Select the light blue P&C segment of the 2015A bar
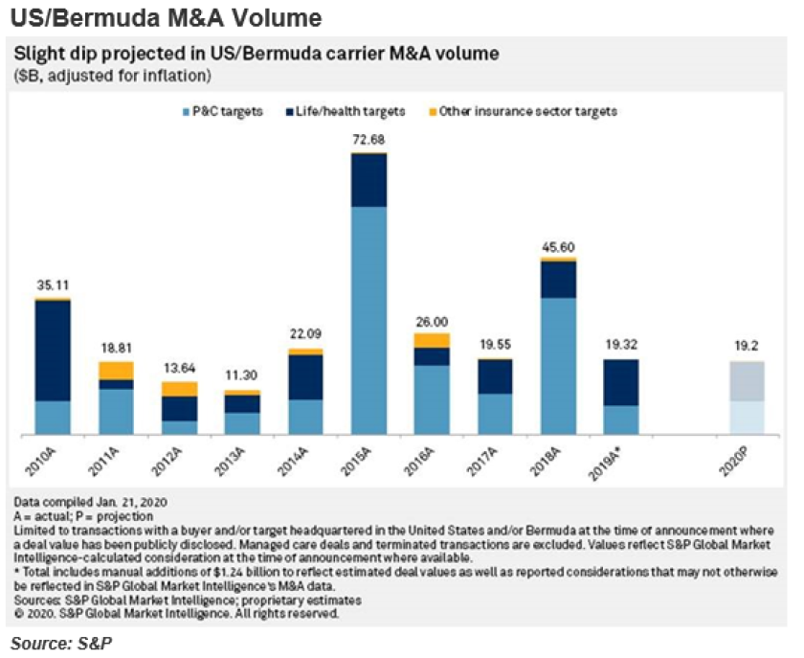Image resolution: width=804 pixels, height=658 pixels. click(369, 321)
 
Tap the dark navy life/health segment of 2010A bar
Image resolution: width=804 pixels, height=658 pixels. click(53, 351)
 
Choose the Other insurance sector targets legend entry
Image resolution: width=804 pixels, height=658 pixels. click(523, 111)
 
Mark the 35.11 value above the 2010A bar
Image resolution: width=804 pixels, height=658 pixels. click(53, 284)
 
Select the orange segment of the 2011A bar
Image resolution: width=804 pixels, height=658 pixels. click(116, 371)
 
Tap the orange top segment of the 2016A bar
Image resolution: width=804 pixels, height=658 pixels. click(432, 340)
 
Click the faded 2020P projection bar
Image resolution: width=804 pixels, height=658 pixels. click(748, 398)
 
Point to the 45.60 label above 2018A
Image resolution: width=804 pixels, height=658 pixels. click(558, 248)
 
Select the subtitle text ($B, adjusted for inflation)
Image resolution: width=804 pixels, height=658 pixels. click(111, 76)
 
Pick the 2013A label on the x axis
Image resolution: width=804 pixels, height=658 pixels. click(243, 464)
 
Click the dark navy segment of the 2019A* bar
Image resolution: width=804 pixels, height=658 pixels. click(620, 382)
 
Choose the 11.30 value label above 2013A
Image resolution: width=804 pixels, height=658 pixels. click(242, 376)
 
